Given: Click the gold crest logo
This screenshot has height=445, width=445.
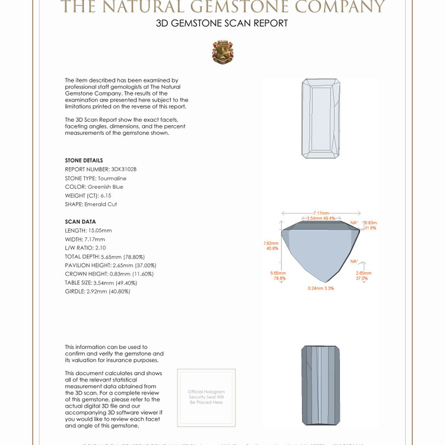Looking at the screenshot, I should point(223,52).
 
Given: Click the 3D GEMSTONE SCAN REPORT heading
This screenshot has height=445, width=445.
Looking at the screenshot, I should point(222,24).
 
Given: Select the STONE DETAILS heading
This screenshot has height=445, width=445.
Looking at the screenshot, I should point(84,161).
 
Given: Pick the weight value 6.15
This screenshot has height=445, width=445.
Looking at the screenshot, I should point(104,196).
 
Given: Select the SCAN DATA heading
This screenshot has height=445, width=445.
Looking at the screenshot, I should point(80,222).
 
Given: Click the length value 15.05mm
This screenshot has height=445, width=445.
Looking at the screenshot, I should point(99,231).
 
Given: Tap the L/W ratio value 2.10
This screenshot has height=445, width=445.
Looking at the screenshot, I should point(100,248).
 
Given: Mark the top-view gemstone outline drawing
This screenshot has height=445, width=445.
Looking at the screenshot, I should point(320,118).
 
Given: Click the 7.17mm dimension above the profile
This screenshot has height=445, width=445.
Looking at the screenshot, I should point(321,213).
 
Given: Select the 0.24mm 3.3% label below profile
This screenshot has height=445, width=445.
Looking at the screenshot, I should point(321,288).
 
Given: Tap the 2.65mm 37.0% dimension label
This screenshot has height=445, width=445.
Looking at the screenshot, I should point(361,276).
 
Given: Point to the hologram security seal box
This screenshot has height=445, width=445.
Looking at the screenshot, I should point(206,396).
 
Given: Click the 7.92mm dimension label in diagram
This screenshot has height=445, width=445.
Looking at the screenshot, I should point(271,246).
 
